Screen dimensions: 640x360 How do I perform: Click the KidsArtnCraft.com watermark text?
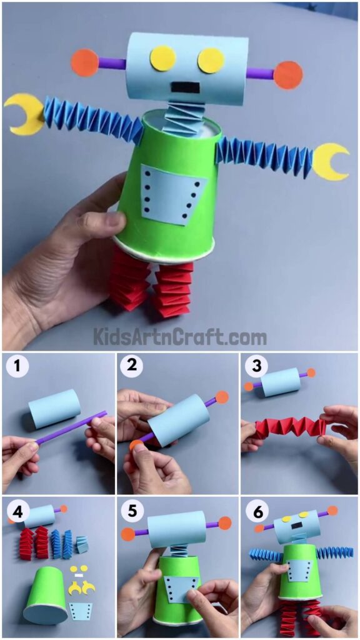pos(180,337)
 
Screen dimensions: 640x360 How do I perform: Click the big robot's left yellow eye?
pos(162,58)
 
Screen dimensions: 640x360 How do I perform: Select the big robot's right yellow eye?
pos(211,60)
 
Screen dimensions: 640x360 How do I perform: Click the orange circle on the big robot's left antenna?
pos(85,62)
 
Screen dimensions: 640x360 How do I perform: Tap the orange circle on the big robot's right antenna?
pos(288,75)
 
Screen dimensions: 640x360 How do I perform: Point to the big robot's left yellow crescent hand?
pos(24,114)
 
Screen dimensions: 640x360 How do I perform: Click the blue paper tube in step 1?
pos(55,409)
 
